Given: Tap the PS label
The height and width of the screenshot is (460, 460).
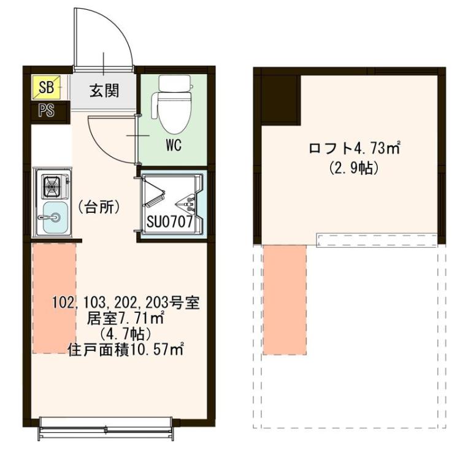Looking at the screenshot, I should [46, 111].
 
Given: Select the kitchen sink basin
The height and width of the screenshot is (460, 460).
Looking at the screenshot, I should [54, 217].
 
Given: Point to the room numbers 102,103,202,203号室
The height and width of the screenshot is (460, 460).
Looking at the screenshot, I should [126, 303].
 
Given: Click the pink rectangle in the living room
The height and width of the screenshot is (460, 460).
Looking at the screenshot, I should [54, 297].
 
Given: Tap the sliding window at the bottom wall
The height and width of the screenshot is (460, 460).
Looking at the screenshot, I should [104, 428].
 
